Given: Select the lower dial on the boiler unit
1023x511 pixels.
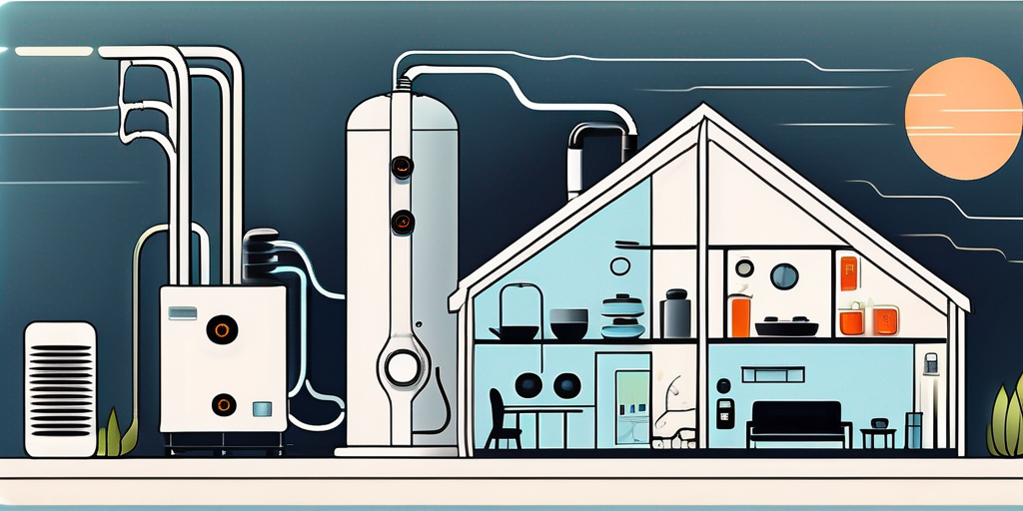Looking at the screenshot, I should coord(223,404).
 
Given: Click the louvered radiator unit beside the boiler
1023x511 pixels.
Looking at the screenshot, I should coord(60,388).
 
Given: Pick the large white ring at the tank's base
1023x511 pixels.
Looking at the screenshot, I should coord(403,367).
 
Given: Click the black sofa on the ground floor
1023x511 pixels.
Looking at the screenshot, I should coord(798,420).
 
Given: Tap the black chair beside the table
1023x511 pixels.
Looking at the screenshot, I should coord(503,418).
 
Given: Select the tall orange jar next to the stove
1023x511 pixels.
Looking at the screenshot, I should coord(739,314).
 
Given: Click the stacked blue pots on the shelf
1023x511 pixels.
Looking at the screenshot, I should coord(622,317).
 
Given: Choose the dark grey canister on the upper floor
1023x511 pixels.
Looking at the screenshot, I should coord(675,313).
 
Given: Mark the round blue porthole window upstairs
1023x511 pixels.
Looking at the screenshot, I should coord(784,275).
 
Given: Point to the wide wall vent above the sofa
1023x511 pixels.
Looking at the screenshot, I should coord(772,374).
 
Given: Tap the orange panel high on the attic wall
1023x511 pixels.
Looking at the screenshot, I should coord(848,273).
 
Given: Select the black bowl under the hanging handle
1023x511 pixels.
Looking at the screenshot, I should coord(514,332).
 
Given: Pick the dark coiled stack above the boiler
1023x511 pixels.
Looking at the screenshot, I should coord(262,257).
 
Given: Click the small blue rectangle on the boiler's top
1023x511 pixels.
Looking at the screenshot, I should coord(182,313).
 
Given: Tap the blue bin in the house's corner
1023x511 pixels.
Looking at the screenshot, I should coord(914,430).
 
